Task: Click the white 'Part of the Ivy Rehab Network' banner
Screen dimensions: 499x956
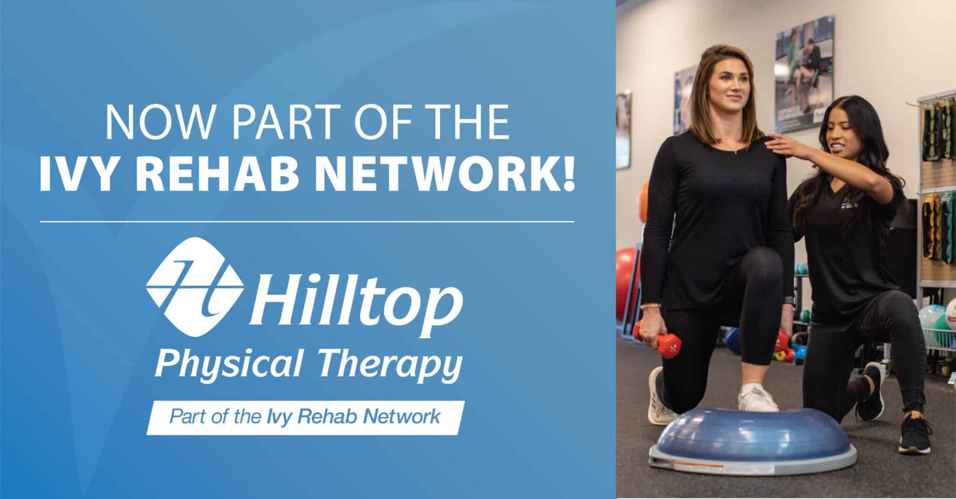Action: [x=306, y=417]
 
